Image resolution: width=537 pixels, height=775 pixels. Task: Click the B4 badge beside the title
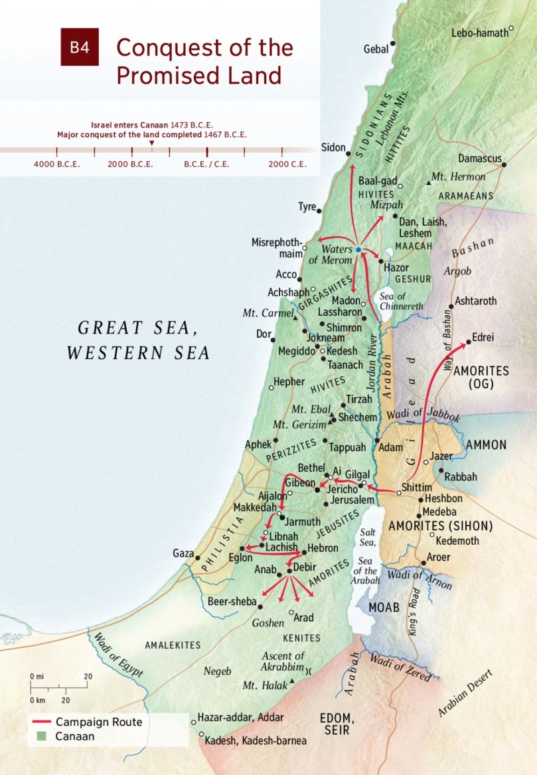click(x=80, y=48)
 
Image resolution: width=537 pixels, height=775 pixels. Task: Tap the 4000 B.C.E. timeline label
click(x=57, y=164)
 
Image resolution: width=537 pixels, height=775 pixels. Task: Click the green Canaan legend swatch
click(x=41, y=736)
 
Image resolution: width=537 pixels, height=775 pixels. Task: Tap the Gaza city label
click(x=183, y=553)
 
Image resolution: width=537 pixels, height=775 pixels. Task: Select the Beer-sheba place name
click(x=232, y=601)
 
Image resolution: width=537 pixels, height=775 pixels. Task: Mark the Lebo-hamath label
click(x=479, y=33)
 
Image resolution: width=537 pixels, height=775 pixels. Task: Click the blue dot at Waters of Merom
click(x=358, y=249)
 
